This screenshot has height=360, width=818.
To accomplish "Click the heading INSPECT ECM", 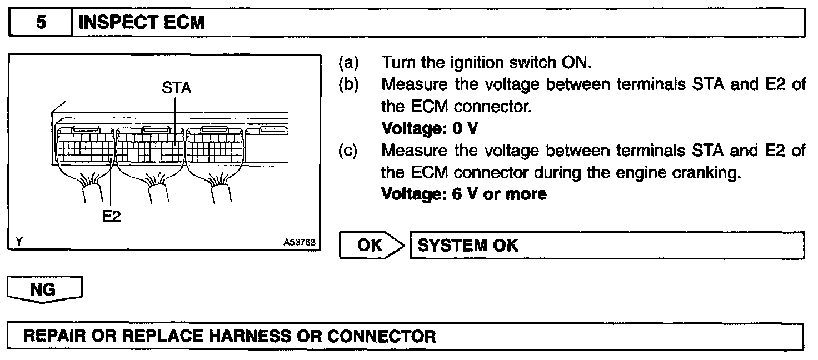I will click(x=141, y=23).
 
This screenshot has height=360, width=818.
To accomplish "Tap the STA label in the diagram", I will click(x=177, y=88).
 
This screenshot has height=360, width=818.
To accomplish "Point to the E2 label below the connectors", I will click(x=112, y=216).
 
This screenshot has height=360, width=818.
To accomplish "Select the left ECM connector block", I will click(x=86, y=146).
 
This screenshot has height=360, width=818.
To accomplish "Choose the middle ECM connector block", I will click(x=151, y=146).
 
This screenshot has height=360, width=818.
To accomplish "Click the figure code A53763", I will click(x=300, y=243).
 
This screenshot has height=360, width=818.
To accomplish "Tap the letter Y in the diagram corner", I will click(x=19, y=242).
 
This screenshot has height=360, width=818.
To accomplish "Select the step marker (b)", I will click(x=348, y=84).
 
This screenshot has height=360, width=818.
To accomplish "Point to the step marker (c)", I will click(x=348, y=151).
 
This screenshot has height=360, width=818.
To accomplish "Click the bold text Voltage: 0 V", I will click(x=430, y=128).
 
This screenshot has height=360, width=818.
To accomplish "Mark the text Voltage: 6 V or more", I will click(x=465, y=194).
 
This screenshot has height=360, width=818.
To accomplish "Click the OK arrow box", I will click(x=372, y=245).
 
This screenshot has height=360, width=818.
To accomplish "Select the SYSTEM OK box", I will click(x=606, y=245).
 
